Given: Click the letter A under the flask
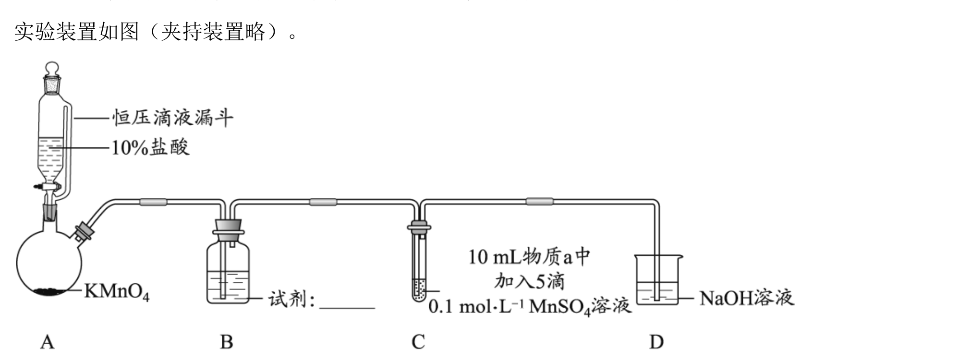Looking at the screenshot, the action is point(47,342).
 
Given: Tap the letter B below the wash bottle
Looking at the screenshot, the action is point(226,342).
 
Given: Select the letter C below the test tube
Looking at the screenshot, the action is point(418,342).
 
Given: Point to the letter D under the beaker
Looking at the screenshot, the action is point(656,342).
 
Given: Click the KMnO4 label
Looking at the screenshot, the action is point(117,292).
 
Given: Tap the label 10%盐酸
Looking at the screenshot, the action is point(150,147).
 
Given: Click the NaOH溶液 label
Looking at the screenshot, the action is point(747,298).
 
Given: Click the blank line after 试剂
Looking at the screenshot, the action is point(347,308).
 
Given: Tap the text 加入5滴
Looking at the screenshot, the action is point(529,281).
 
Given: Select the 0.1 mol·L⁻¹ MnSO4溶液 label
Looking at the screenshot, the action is point(530,306).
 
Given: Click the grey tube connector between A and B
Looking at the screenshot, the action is point(153,202).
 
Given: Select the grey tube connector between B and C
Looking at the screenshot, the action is point(323,202).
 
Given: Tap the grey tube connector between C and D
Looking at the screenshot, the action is point(540,202).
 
